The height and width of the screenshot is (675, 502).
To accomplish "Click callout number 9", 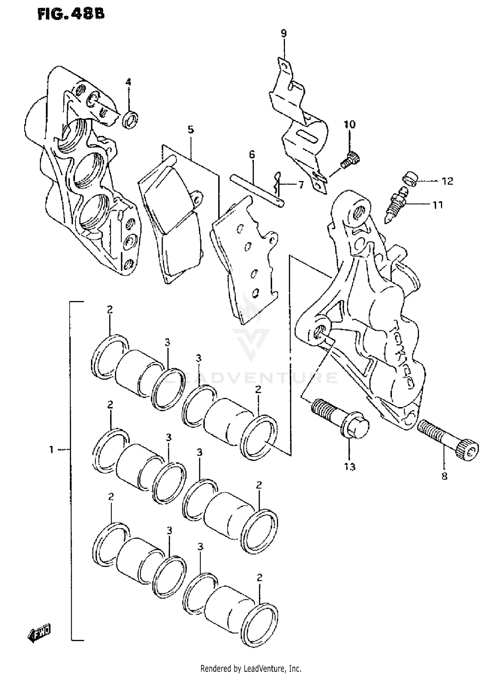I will coord(283,33).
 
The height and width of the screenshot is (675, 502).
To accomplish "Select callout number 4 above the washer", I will coord(128,82).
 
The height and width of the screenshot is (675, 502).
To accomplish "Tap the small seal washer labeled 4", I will coord(131,119).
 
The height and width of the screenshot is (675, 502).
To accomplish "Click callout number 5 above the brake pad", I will coord(191,129).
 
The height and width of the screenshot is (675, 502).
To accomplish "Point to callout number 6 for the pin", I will coord(252,155).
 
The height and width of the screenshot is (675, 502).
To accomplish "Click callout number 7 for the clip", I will coord(301,185).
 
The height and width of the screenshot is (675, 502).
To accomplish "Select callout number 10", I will coord(349,125).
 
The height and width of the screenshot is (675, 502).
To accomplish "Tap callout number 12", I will coord(447,181).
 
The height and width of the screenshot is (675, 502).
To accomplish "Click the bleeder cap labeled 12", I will coord(410,179).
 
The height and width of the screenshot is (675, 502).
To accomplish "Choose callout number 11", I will coord(438,204).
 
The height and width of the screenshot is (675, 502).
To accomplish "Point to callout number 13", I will coord(349,466).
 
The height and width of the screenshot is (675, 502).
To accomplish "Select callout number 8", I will coord(444,476).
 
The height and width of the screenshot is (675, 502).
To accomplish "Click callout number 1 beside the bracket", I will coord(51,450).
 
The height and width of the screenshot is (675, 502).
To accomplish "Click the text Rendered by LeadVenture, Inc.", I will coord(251,668).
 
